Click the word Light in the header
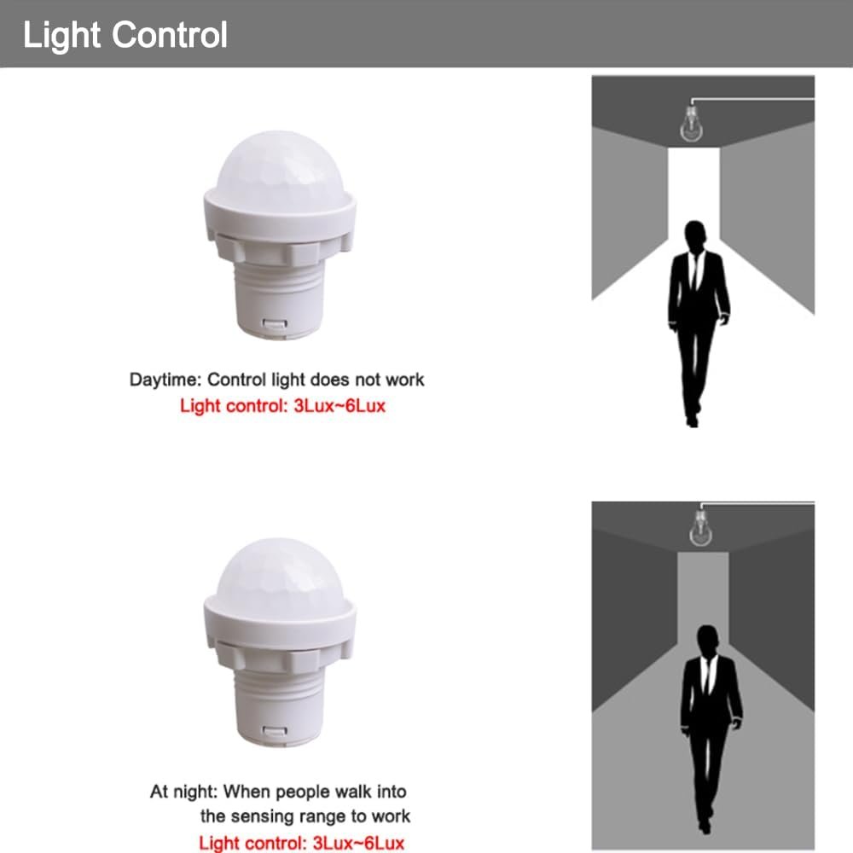click(61, 36)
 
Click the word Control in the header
click(170, 35)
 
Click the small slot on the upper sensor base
click(275, 324)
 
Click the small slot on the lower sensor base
click(275, 732)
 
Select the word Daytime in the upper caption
click(165, 380)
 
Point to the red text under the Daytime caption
click(283, 406)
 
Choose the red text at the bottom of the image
click(301, 843)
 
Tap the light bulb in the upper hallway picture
click(691, 124)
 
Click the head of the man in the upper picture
click(695, 236)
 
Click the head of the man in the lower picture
click(707, 641)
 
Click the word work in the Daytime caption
click(404, 380)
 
